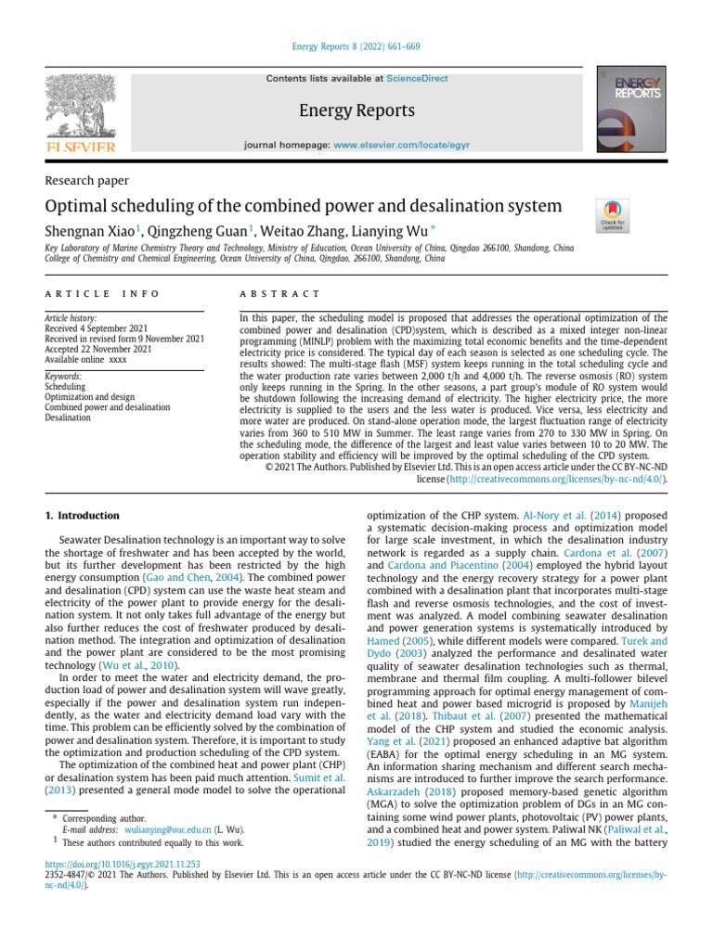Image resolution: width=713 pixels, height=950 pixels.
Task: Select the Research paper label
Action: tap(87, 180)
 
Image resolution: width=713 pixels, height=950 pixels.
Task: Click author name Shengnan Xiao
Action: tap(90, 229)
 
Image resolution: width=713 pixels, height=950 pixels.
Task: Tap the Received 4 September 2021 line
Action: tap(97, 328)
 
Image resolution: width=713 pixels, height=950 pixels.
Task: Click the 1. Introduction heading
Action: tap(83, 515)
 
